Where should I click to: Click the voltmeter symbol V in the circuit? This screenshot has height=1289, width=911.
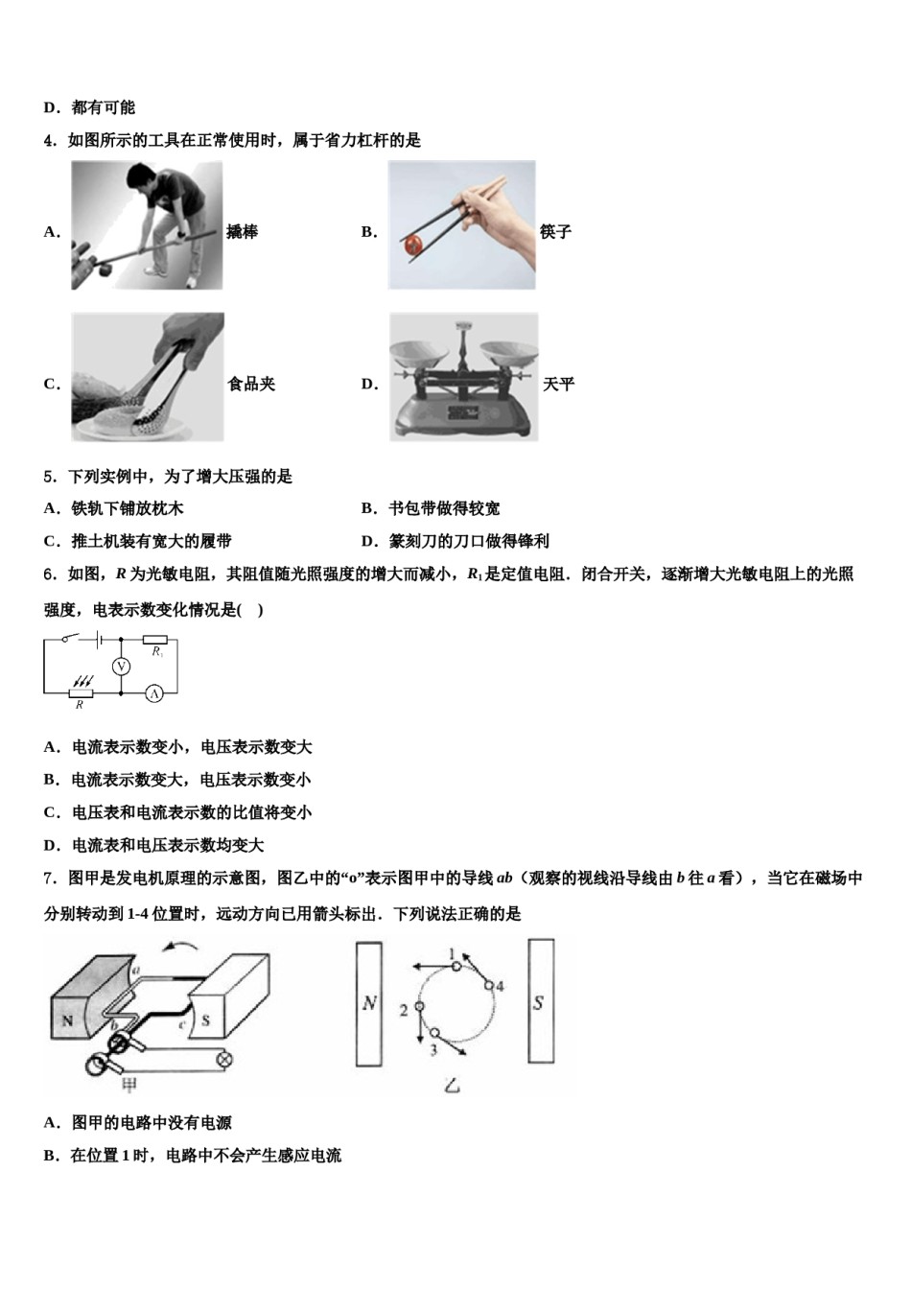[121, 666]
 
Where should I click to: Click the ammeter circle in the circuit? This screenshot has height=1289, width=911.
[154, 692]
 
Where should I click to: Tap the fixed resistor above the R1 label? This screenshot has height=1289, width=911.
[154, 639]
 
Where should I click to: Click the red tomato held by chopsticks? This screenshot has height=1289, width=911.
[412, 245]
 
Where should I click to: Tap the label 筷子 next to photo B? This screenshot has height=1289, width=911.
[555, 232]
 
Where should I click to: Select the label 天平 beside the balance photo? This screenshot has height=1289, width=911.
[558, 385]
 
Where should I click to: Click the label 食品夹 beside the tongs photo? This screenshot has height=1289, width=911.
[250, 385]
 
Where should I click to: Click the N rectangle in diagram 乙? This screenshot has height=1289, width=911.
[369, 1003]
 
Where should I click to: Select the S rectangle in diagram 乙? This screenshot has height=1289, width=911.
[540, 1001]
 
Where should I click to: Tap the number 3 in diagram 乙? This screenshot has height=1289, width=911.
[433, 1050]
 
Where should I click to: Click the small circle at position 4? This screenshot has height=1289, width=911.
[488, 986]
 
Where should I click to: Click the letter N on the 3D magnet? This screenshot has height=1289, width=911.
[67, 1020]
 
